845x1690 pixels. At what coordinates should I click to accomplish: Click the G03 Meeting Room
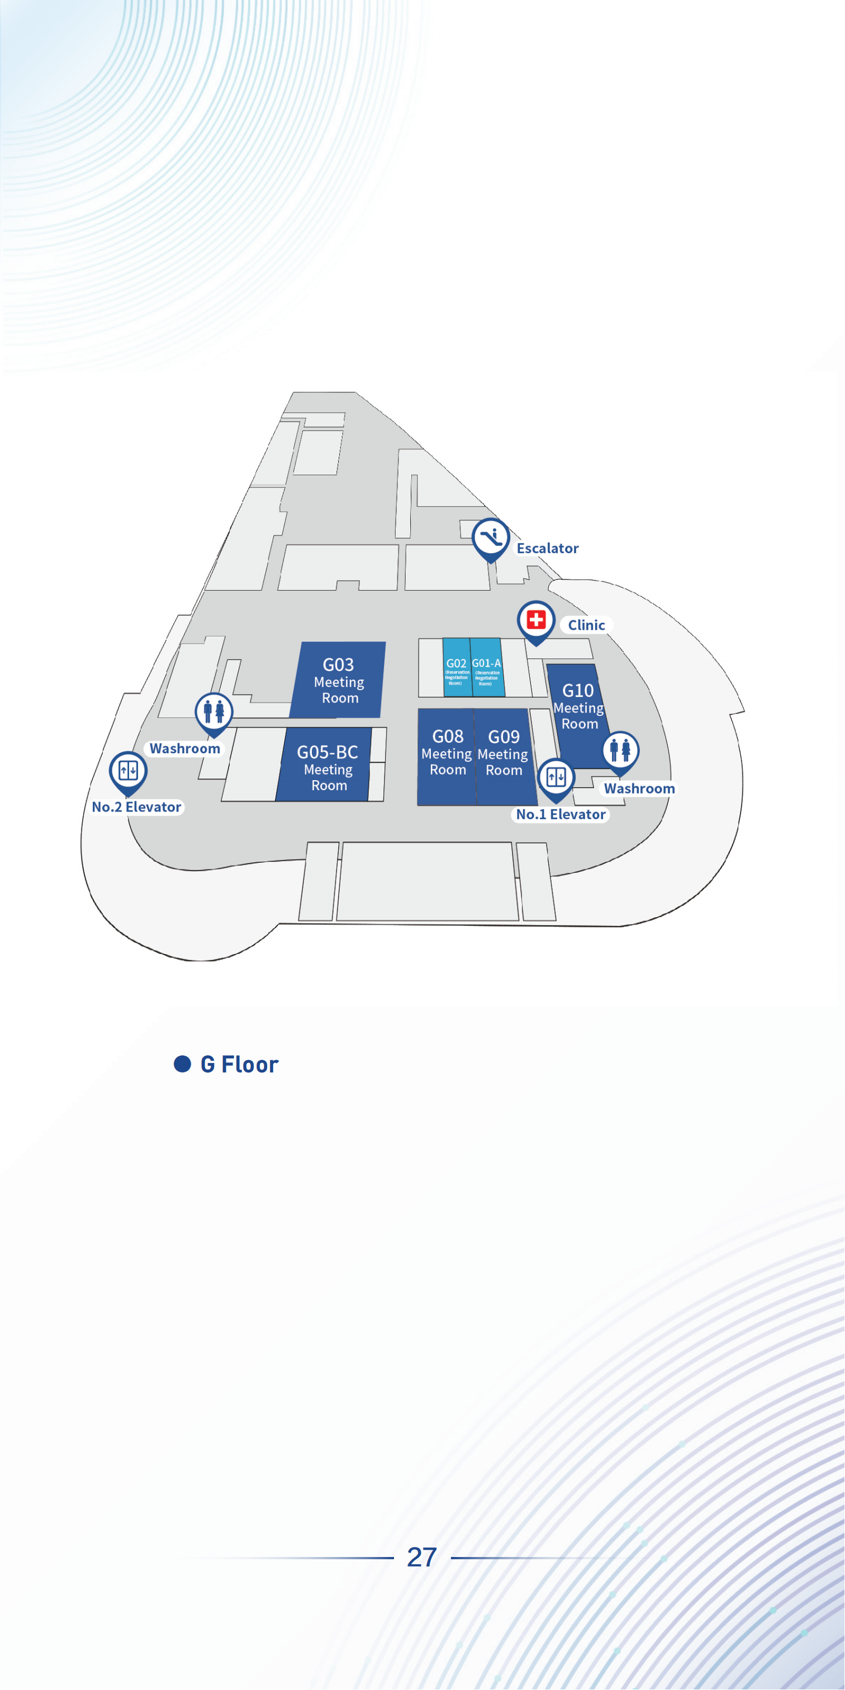pos(339,680)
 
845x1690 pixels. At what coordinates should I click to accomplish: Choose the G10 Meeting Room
pos(578,707)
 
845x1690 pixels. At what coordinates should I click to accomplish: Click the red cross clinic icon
pos(536,619)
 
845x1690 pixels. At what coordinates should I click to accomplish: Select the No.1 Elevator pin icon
pos(556,777)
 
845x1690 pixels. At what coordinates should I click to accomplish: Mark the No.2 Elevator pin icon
pos(128,770)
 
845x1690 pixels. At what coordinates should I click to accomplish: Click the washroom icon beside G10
pos(620,750)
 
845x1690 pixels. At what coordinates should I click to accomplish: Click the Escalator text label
pos(547,548)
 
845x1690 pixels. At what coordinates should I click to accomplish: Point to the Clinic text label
pos(586,625)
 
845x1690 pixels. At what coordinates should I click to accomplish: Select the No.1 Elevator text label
pos(561,815)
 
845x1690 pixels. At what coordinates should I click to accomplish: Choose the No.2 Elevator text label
pos(136,808)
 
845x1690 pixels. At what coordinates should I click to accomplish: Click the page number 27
pos(422,1558)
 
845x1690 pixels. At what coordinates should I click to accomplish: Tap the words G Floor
pos(239,1064)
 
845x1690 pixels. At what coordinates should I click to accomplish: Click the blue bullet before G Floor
pos(182,1064)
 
